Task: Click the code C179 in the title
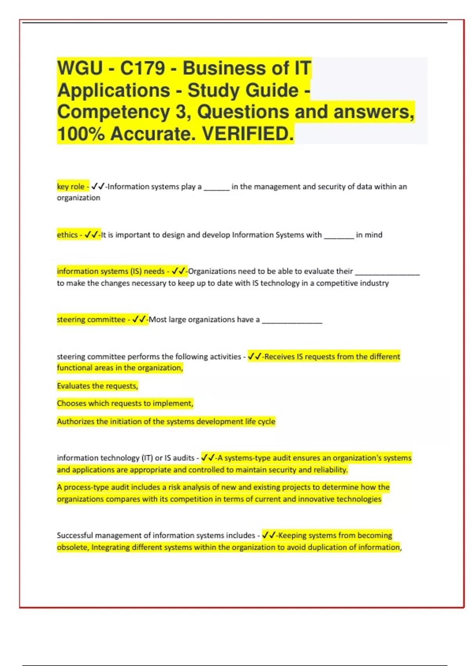[142, 68]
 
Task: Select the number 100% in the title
[81, 134]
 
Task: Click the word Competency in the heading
[113, 112]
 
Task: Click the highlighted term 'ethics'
[67, 235]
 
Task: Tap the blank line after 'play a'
[216, 188]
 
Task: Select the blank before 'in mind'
[339, 236]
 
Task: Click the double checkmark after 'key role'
[98, 187]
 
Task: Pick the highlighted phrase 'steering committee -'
[93, 320]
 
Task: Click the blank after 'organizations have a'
[292, 321]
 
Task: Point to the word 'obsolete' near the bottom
[72, 547]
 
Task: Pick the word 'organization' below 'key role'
[78, 198]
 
